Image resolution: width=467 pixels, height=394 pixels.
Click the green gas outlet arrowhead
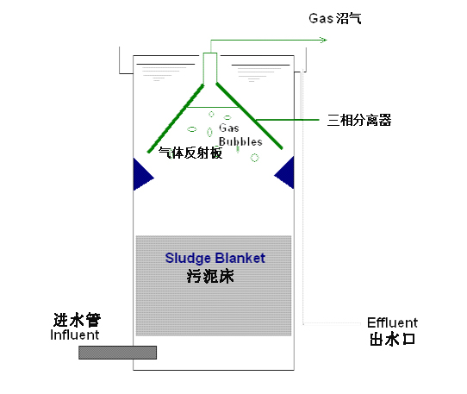324,40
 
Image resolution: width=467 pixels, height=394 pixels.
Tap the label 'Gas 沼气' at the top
335,18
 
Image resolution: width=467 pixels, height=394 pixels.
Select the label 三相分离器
359,120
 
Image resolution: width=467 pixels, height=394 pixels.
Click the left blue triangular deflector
142,175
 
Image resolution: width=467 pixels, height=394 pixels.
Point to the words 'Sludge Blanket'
215,258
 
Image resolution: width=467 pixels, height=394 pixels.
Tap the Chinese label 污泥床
210,276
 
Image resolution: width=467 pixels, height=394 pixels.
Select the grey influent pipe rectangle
118,353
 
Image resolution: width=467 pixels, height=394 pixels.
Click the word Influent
74,335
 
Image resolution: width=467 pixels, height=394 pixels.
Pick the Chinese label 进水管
77,320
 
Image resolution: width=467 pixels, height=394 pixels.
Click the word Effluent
392,322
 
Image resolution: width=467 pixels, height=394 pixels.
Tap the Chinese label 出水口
393,339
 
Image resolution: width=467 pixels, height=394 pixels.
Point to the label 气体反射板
190,153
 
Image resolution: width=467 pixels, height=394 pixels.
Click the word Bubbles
240,141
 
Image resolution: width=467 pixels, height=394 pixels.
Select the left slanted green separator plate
176,119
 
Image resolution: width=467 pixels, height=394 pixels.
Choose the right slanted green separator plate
249,116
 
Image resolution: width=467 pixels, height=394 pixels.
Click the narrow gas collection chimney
210,68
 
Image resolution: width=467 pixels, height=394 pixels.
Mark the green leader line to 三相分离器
288,120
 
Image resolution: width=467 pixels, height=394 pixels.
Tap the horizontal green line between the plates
213,107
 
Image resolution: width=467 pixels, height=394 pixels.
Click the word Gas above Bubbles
228,128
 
